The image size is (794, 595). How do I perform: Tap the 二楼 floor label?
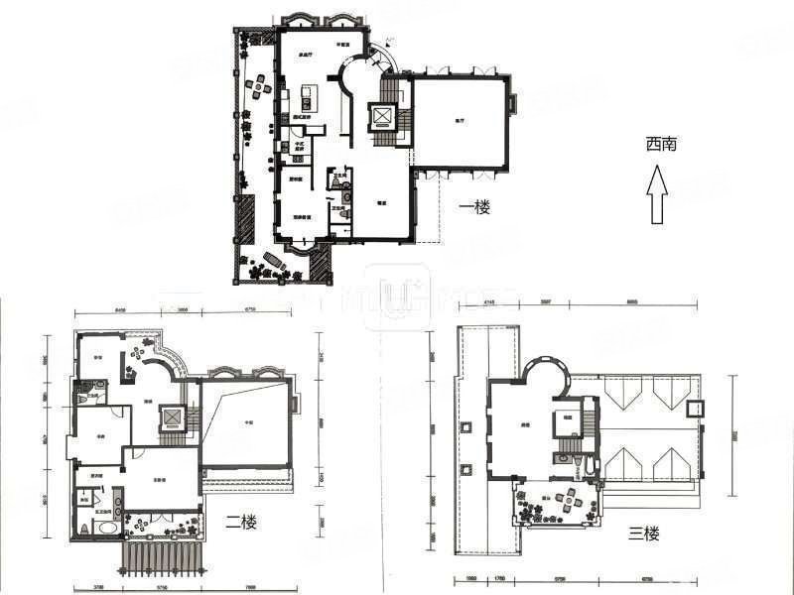click(240, 522)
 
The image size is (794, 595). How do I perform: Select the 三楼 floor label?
click(644, 534)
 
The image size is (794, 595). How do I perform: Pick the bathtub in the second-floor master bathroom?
click(103, 529)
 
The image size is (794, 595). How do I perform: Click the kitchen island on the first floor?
click(306, 99)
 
